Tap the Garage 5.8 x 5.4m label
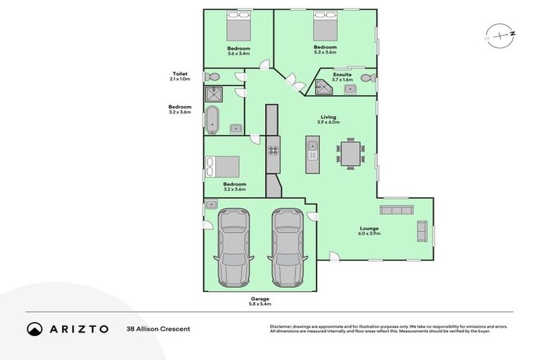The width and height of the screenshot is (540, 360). coord(259,301)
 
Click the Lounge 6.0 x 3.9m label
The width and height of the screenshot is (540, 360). coord(369,231)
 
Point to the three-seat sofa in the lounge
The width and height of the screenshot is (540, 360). coord(396,210)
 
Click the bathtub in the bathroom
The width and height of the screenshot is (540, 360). coord(212,120)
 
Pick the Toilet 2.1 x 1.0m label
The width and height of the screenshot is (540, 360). coord(179,76)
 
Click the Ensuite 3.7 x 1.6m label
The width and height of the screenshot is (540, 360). coord(342,77)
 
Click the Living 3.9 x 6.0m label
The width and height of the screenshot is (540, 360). coord(328,120)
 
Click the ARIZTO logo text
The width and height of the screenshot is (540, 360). coord(77,328)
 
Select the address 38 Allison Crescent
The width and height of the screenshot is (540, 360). coord(158,328)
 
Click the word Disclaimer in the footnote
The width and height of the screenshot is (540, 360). coord(283,326)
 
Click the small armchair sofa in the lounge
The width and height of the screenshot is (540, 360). coord(422,230)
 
